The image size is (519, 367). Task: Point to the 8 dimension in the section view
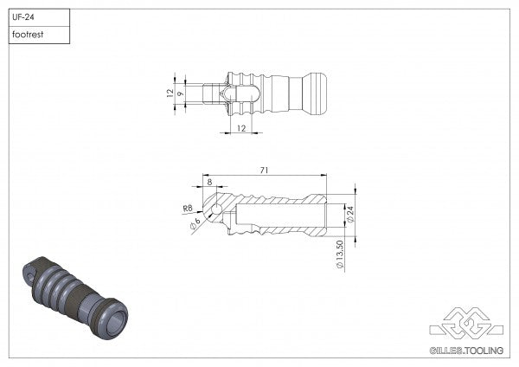(x=208, y=181)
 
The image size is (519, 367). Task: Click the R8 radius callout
(x=188, y=208)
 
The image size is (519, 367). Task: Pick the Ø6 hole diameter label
(x=195, y=222)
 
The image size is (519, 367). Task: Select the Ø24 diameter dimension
(x=350, y=211)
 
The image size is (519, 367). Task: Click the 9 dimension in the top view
(x=181, y=93)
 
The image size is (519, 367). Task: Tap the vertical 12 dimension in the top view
(x=170, y=92)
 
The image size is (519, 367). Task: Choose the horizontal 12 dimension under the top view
(x=240, y=128)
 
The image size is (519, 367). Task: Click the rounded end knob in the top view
(x=317, y=93)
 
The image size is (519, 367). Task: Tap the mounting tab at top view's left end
(x=211, y=93)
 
